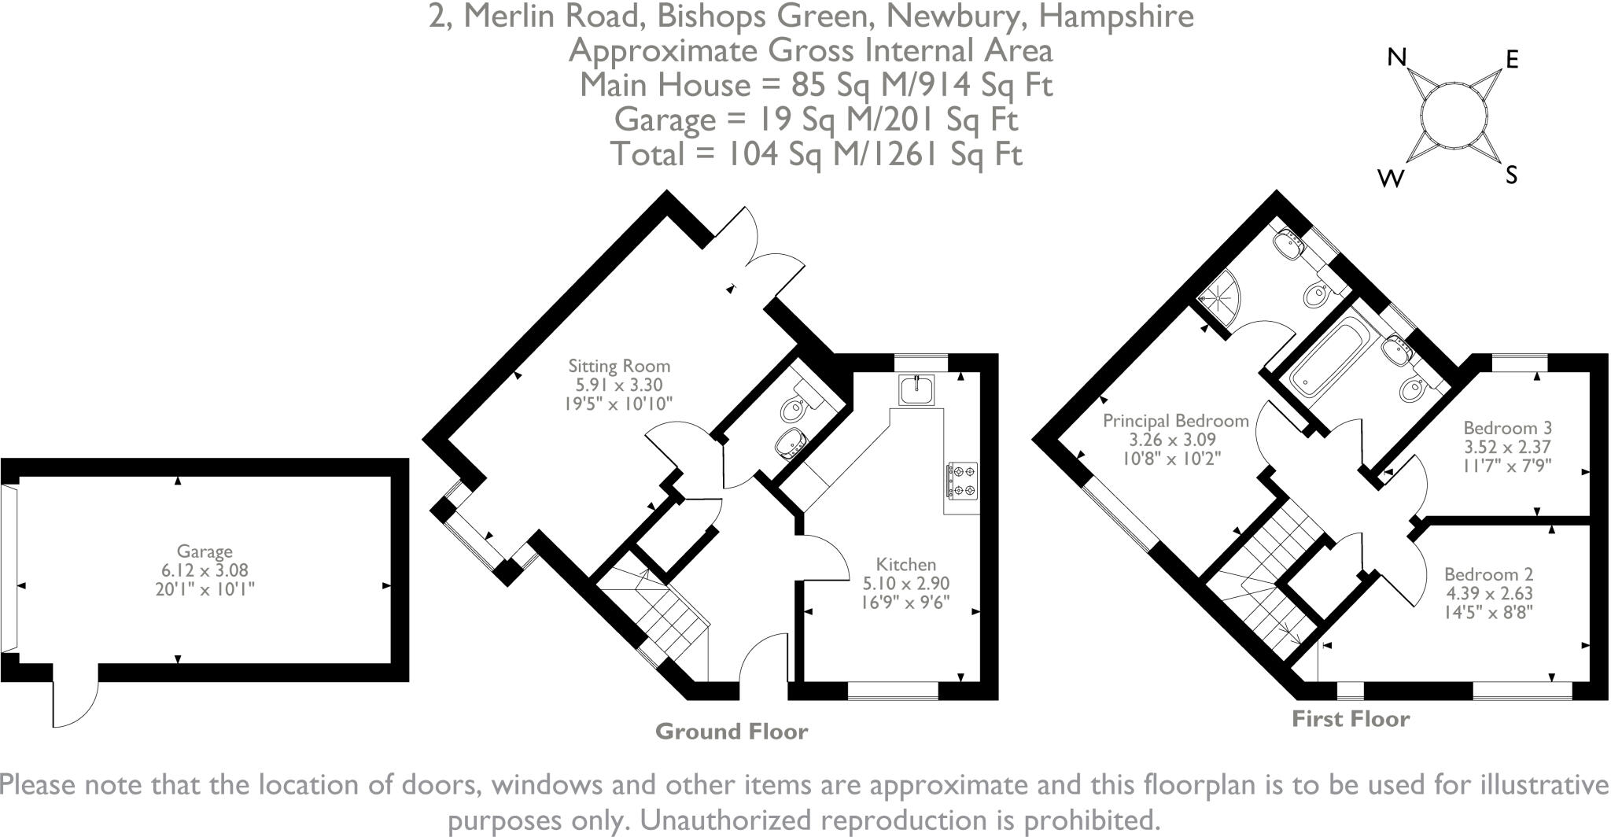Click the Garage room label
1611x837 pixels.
click(x=204, y=551)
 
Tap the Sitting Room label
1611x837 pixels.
click(x=619, y=366)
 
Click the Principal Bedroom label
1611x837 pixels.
click(x=1175, y=421)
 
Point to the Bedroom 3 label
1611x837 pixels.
click(x=1507, y=429)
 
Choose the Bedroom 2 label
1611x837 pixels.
click(x=1488, y=575)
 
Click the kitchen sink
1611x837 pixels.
click(x=917, y=390)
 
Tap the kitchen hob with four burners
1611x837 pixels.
click(x=962, y=480)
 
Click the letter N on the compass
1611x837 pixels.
click(x=1396, y=57)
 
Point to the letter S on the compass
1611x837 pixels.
click(x=1511, y=175)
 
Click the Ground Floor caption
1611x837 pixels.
click(x=731, y=732)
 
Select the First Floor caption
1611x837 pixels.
click(x=1351, y=719)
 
